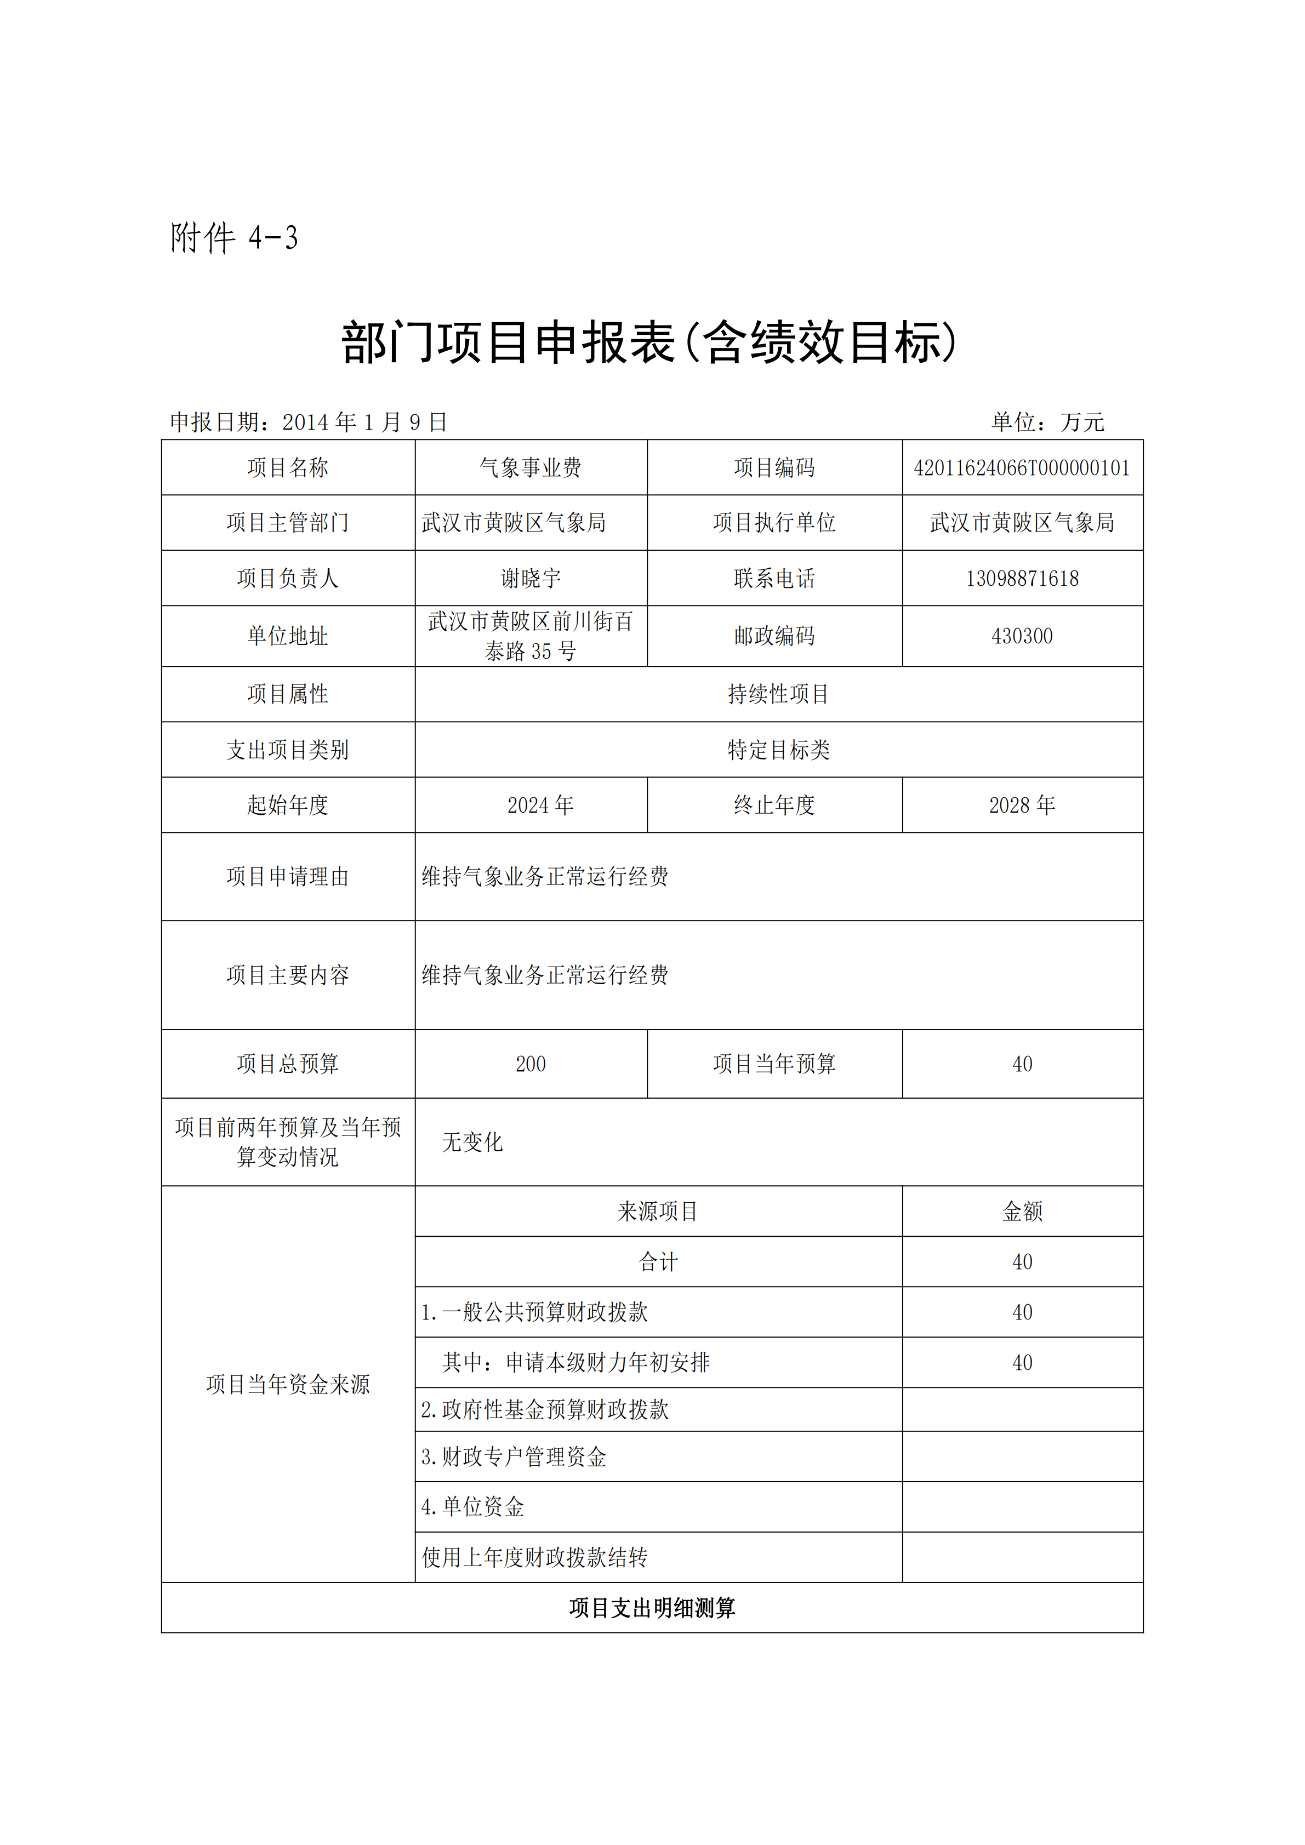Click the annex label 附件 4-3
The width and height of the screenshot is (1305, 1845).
point(234,238)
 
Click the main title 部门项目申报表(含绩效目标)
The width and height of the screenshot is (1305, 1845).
point(649,342)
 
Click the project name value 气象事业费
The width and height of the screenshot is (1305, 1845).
point(531,467)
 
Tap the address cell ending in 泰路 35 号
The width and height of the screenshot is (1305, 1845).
point(531,636)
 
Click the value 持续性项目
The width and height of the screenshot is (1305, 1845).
point(778,694)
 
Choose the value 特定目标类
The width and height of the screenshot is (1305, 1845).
point(778,750)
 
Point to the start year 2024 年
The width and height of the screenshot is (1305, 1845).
point(540,805)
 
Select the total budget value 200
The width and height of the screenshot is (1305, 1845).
point(531,1064)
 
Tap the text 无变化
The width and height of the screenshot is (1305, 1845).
point(472,1142)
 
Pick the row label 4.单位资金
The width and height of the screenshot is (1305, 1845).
point(472,1507)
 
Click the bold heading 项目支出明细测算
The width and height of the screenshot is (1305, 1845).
point(652,1608)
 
